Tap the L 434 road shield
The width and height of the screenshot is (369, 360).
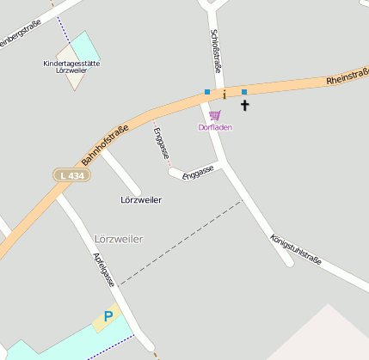pyautogui.click(x=71, y=175)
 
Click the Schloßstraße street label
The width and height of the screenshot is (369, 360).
pyautogui.click(x=215, y=51)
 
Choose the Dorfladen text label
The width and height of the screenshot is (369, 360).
pyautogui.click(x=215, y=128)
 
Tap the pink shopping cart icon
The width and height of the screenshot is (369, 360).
pyautogui.click(x=214, y=115)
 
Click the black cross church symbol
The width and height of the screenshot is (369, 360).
pyautogui.click(x=244, y=106)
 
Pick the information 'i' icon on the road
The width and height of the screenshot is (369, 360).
pyautogui.click(x=224, y=93)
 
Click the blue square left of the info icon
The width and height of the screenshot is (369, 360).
pyautogui.click(x=207, y=92)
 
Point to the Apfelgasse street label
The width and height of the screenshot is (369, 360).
pyautogui.click(x=103, y=269)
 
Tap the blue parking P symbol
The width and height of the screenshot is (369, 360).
pyautogui.click(x=108, y=317)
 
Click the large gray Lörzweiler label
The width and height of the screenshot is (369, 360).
pyautogui.click(x=117, y=238)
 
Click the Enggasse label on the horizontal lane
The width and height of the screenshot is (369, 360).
pyautogui.click(x=198, y=171)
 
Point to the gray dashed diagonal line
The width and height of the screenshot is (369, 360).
pyautogui.click(x=181, y=243)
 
